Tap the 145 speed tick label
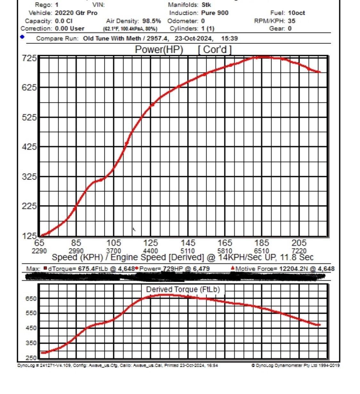(x=188, y=243)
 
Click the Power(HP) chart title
(x=159, y=50)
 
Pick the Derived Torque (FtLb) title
(x=183, y=289)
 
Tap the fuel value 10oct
(x=296, y=13)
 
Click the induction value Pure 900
(x=215, y=13)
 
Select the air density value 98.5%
(x=151, y=21)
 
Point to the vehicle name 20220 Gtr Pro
(x=76, y=13)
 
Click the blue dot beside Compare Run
(x=22, y=37)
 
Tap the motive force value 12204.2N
(x=293, y=269)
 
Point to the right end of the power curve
(x=319, y=72)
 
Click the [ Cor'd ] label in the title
(x=215, y=50)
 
